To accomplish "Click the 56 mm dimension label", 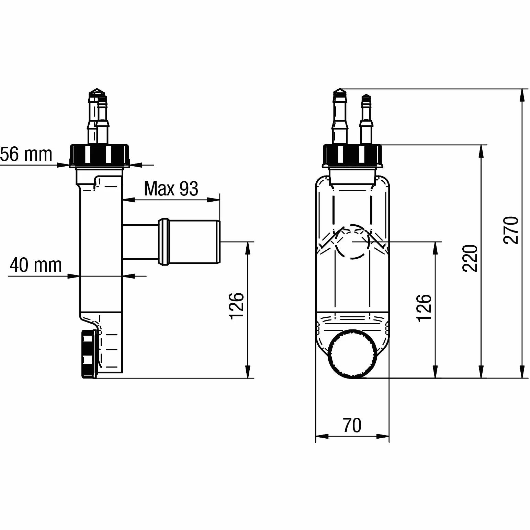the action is click(26, 154).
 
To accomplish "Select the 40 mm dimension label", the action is click(36, 265).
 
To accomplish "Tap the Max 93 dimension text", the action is click(171, 189).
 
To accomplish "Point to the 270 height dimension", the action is click(510, 230).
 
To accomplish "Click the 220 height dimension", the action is click(470, 258).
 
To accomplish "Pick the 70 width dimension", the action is click(352, 426).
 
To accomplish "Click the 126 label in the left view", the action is click(236, 306).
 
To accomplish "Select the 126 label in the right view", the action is click(424, 308).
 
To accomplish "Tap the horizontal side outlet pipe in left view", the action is click(171, 242).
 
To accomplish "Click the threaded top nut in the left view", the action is click(100, 156).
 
